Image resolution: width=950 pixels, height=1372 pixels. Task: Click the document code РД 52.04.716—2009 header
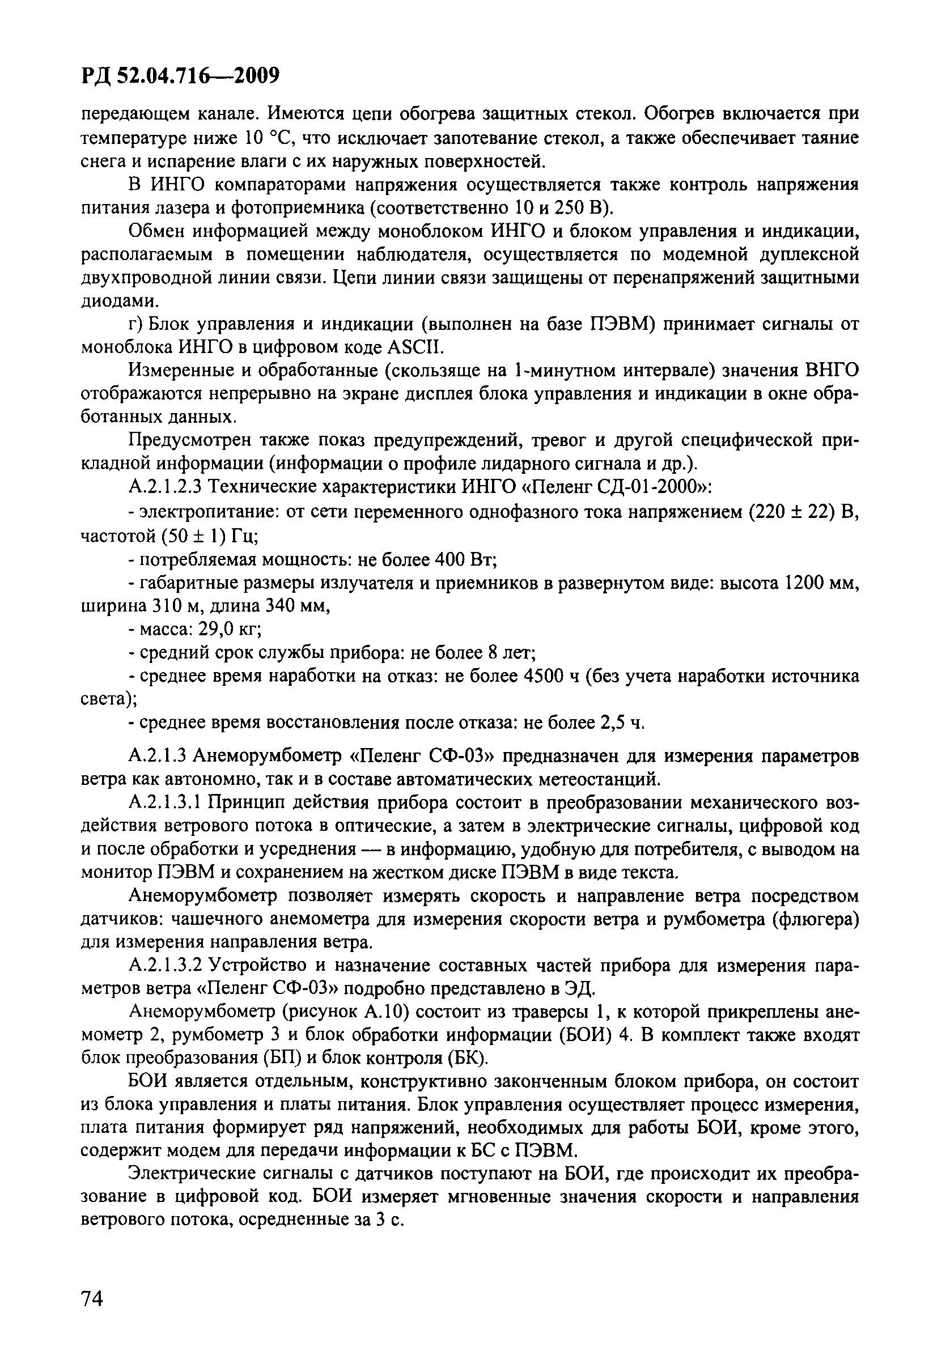[x=179, y=76]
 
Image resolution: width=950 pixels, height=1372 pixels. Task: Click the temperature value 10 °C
[x=265, y=139]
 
